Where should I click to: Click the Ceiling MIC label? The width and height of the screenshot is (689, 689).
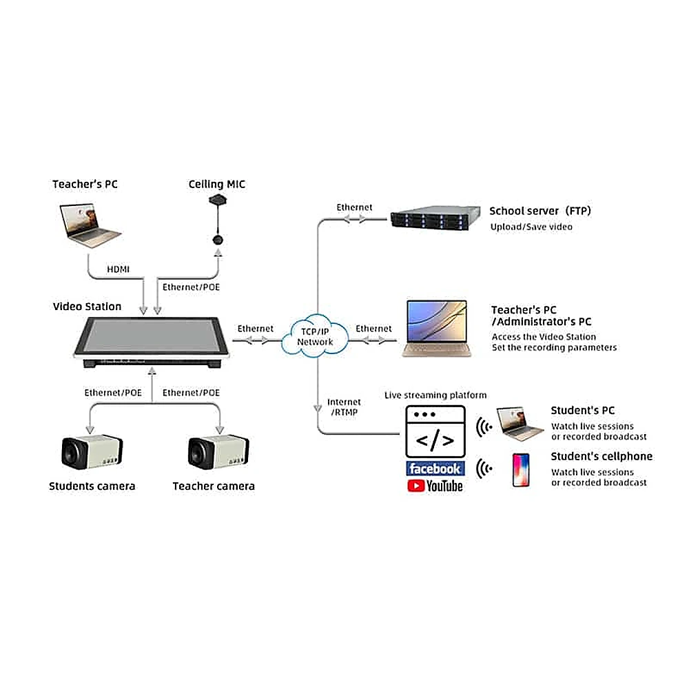216,184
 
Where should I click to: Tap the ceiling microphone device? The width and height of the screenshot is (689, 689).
218,220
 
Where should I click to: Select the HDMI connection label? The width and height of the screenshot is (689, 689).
119,269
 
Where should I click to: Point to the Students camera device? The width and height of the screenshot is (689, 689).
92,452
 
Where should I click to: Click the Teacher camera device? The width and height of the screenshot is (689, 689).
218,452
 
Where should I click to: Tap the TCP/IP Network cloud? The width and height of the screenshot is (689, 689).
315,336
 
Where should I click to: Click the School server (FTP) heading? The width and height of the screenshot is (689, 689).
540,211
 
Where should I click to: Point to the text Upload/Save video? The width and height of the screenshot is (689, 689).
531,227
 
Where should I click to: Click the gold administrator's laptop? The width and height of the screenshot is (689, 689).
437,328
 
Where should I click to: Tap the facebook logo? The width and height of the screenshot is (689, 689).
435,469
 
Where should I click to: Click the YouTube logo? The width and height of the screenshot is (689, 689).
435,486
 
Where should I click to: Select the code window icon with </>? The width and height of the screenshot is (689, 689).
435,431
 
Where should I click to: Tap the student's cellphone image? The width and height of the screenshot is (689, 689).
521,470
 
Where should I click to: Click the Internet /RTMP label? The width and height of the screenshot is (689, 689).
344,407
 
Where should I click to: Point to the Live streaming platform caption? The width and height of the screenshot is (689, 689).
435,395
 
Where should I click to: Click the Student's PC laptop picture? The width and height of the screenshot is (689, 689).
519,424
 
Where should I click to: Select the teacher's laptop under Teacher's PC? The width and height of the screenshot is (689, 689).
90,225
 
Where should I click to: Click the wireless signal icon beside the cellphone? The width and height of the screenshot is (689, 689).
484,469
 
